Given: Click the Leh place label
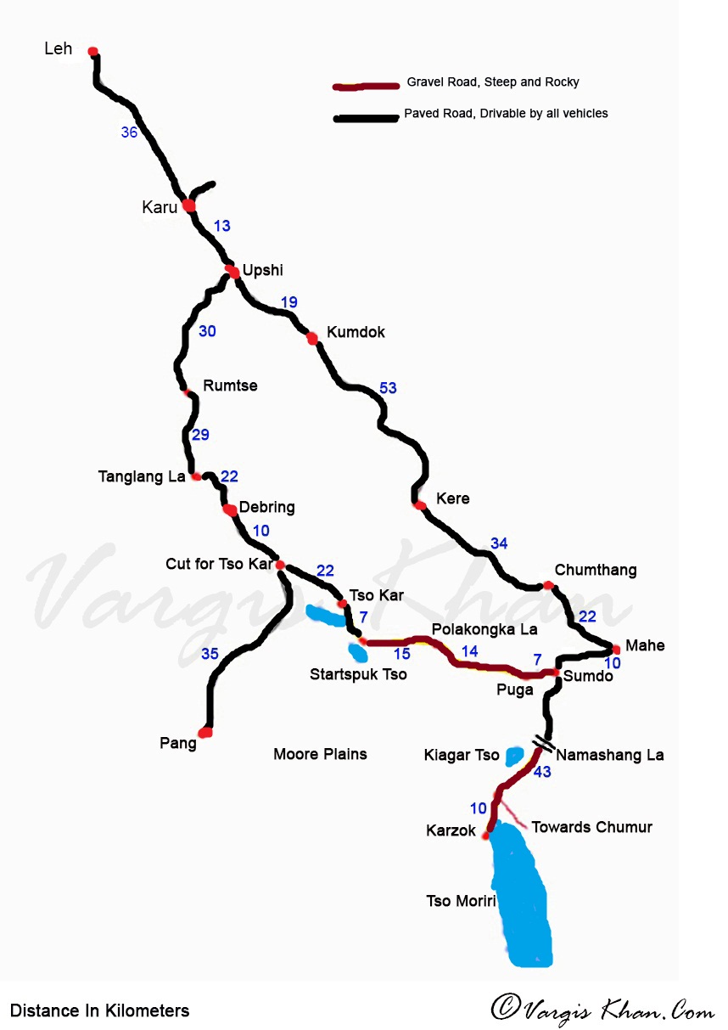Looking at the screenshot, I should click(x=59, y=49).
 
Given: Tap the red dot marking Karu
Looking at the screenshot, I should click(x=188, y=205).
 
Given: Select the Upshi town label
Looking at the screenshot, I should click(x=262, y=271).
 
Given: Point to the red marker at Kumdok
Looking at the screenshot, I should click(x=312, y=338).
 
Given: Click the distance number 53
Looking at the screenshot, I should click(x=388, y=388).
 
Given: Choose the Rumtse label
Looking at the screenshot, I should click(x=230, y=386).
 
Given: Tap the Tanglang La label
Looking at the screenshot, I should click(x=142, y=477).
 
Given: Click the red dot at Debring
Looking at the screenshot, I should click(x=229, y=510).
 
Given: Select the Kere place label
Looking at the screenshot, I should click(x=452, y=498).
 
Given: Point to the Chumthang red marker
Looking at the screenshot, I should click(x=548, y=585).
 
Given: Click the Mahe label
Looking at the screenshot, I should click(x=645, y=646).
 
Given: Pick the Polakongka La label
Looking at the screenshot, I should click(x=484, y=629).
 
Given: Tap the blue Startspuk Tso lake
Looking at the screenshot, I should click(x=357, y=652).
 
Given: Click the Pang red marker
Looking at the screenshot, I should click(x=205, y=732).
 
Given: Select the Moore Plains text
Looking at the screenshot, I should click(x=320, y=754).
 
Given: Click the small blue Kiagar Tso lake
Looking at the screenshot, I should click(x=514, y=755).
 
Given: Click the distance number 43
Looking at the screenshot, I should click(x=541, y=772).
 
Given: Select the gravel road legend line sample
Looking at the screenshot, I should click(x=366, y=87).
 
